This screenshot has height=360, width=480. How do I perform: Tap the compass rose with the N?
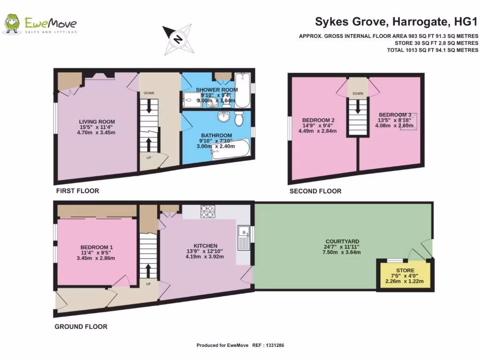tap(178, 38)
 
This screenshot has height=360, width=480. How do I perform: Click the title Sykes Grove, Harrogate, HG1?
tap(396, 22)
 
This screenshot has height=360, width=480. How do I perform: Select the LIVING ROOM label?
tap(97, 122)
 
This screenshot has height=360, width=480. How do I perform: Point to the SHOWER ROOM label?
tap(217, 90)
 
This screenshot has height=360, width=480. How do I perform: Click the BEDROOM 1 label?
tap(97, 247)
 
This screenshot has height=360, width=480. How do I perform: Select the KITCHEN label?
tap(205, 246)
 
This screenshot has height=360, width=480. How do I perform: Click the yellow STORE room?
tap(405, 275)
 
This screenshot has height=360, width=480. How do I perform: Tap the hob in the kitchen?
tap(207, 211)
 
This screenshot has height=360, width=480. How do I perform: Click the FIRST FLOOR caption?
tap(77, 191)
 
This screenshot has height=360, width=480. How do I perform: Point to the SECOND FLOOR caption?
tap(315, 191)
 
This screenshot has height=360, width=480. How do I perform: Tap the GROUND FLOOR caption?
tap(81, 327)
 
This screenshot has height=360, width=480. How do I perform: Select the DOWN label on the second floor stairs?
tap(358, 94)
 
